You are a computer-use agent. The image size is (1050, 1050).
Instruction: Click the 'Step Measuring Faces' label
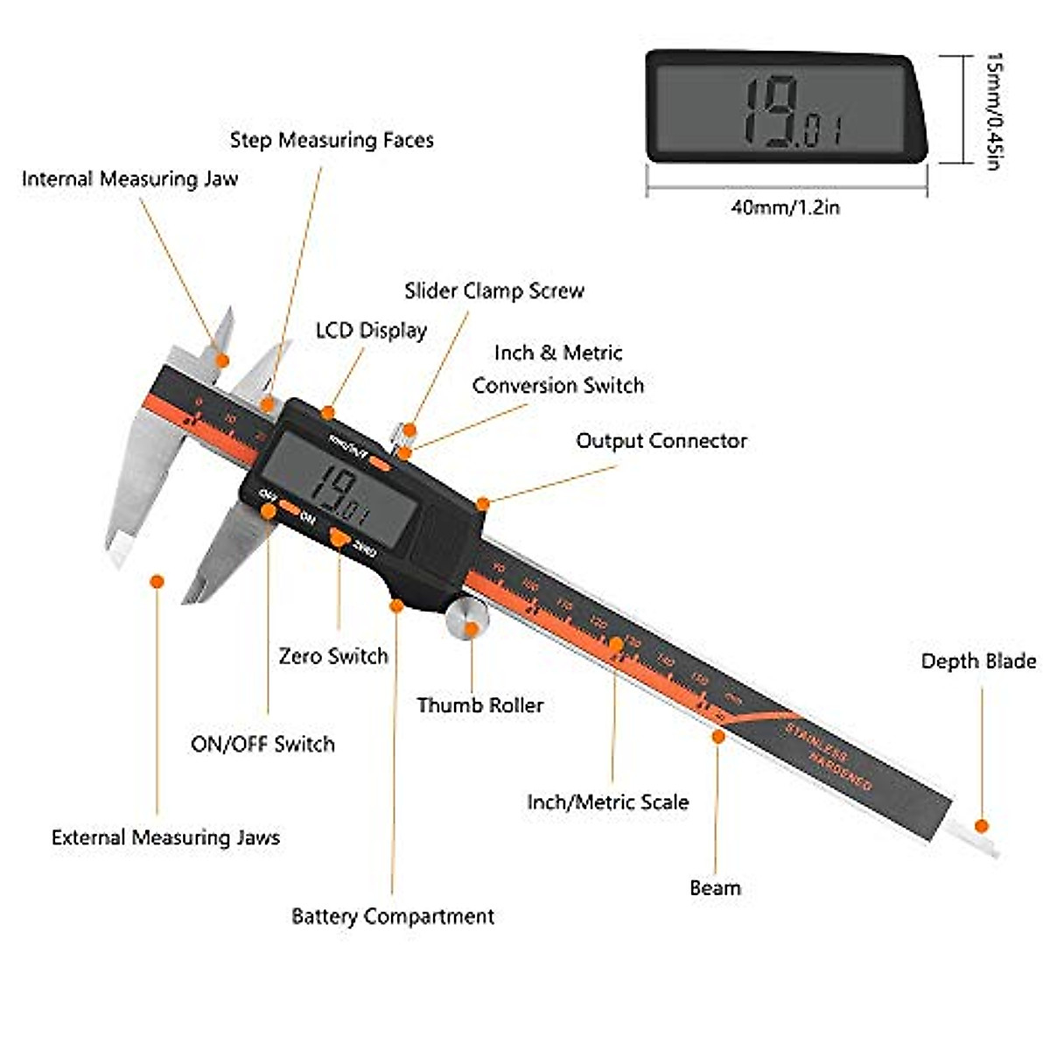[x=332, y=140]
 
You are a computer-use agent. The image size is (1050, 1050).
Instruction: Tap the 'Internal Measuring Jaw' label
[x=129, y=179]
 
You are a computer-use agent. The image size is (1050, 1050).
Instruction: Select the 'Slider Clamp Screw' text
[x=494, y=291]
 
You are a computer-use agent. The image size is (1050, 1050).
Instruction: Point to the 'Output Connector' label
[x=661, y=441]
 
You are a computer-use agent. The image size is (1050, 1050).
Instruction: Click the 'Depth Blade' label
[x=978, y=661]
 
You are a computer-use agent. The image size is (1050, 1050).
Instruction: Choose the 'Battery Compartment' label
[x=392, y=917]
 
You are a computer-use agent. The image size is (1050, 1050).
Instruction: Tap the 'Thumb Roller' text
[x=479, y=705]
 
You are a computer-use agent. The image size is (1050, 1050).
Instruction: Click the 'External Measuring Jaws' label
[x=165, y=837]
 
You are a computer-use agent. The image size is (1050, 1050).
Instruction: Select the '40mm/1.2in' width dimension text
[x=786, y=208]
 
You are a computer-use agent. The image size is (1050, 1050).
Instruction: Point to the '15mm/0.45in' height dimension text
[x=995, y=110]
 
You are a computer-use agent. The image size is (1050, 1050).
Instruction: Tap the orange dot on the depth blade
[x=982, y=825]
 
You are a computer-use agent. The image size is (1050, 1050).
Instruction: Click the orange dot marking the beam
[x=718, y=737]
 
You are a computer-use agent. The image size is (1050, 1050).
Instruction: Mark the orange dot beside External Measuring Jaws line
[x=157, y=581]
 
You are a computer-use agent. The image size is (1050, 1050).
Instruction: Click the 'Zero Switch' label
[x=332, y=656]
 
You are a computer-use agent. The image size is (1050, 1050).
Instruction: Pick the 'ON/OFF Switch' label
[x=262, y=745]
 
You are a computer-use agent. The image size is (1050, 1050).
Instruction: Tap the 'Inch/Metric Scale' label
[x=607, y=802]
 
